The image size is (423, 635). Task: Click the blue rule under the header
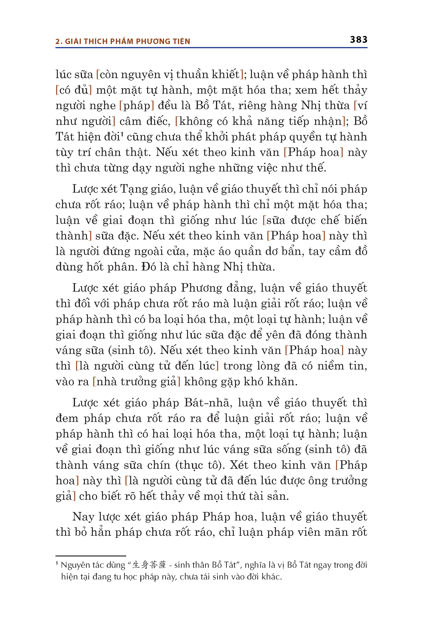211,48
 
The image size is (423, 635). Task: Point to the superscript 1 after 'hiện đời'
122,134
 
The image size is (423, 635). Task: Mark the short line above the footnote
91,556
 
